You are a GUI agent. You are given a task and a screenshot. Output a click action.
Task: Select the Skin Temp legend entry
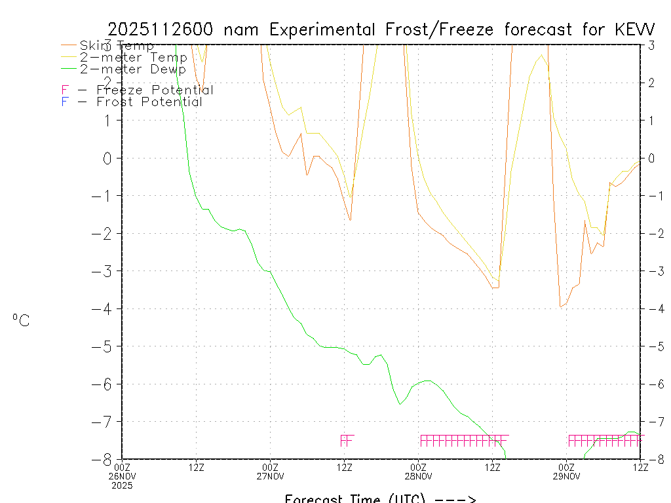click(117, 46)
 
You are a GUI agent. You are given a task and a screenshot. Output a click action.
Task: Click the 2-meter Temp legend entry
click(133, 58)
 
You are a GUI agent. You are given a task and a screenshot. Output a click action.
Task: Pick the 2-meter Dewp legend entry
click(133, 69)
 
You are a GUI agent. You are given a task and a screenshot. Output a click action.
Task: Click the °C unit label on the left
click(21, 320)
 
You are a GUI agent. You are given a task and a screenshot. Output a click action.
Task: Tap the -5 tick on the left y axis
click(107, 346)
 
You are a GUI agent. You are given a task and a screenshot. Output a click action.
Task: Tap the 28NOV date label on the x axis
click(418, 476)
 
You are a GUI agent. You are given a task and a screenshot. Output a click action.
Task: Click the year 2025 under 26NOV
click(122, 486)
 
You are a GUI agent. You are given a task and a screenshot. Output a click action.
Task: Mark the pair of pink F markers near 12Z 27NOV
click(347, 440)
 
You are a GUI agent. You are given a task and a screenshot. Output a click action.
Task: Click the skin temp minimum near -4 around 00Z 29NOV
click(561, 306)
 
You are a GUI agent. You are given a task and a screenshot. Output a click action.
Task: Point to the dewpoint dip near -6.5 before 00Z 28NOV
click(400, 404)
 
